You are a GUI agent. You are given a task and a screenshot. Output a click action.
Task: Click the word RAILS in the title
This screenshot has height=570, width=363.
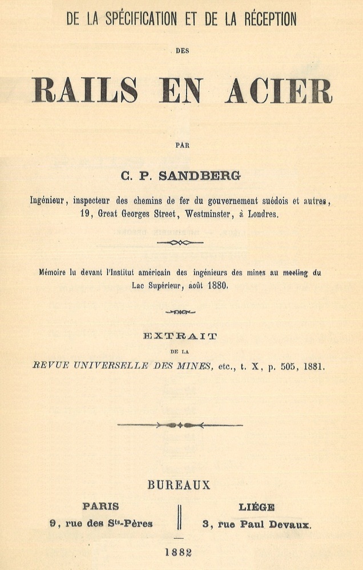pyautogui.click(x=84, y=90)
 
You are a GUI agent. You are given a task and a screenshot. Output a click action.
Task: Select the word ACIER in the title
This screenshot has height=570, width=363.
pyautogui.click(x=279, y=90)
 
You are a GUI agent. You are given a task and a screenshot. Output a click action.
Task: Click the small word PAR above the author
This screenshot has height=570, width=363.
pyautogui.click(x=182, y=145)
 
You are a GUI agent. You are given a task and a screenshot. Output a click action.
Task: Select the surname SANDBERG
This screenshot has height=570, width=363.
pyautogui.click(x=205, y=177)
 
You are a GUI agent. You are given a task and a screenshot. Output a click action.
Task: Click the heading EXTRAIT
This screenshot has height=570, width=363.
pyautogui.click(x=180, y=337)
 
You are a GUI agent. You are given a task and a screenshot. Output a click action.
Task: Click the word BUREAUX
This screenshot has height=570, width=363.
pyautogui.click(x=179, y=485)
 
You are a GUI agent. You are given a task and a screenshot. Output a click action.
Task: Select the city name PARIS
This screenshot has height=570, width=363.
pyautogui.click(x=100, y=507)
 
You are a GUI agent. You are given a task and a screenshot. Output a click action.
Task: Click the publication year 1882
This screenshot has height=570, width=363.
pyautogui.click(x=179, y=552)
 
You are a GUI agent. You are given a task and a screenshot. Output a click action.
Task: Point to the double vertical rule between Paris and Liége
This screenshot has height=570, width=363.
pyautogui.click(x=179, y=517)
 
